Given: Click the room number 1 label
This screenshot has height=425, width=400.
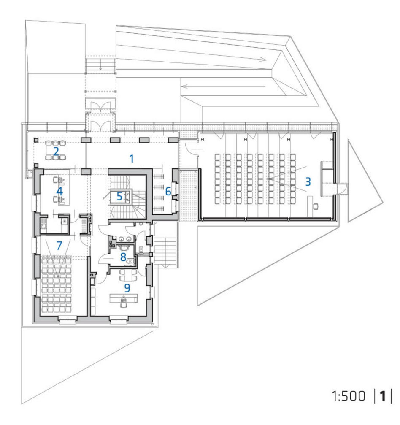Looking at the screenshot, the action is coord(132,159).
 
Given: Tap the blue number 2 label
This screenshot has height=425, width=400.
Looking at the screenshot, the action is coord(56,152).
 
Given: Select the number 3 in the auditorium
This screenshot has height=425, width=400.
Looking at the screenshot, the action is coord(308,181).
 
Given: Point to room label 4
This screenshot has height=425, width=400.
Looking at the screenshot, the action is coord(59,191).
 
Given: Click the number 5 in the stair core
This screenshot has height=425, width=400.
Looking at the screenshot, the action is coord(119,196).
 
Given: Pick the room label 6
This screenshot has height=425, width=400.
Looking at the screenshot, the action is coord(168,191).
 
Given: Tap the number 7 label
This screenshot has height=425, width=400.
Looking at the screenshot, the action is coord(59,246).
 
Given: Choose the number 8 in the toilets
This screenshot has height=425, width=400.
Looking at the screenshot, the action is coord(123,257).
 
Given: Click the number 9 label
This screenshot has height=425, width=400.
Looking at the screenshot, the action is coord(127,288).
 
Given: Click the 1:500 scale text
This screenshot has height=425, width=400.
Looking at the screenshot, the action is coord(349,396).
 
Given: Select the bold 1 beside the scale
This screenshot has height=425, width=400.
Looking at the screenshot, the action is coord(383,396).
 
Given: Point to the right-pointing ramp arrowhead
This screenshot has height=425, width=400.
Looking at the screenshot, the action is coord(263,59).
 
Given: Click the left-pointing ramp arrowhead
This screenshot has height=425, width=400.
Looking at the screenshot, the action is coord(185,86).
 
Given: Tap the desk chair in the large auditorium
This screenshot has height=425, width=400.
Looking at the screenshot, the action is coord(316,206).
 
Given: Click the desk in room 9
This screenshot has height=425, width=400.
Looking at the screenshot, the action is coord(124,298).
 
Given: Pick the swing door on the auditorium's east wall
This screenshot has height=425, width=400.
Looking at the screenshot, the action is coord(341,188).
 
